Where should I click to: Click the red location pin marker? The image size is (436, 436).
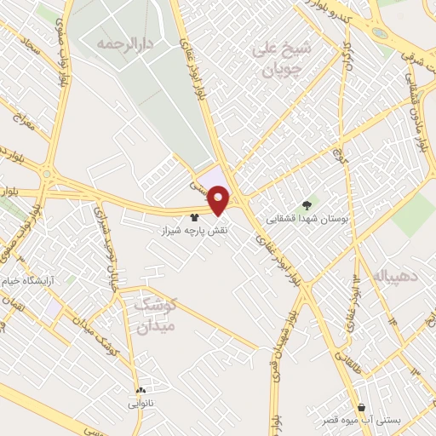pyautogui.click(x=221, y=200)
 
